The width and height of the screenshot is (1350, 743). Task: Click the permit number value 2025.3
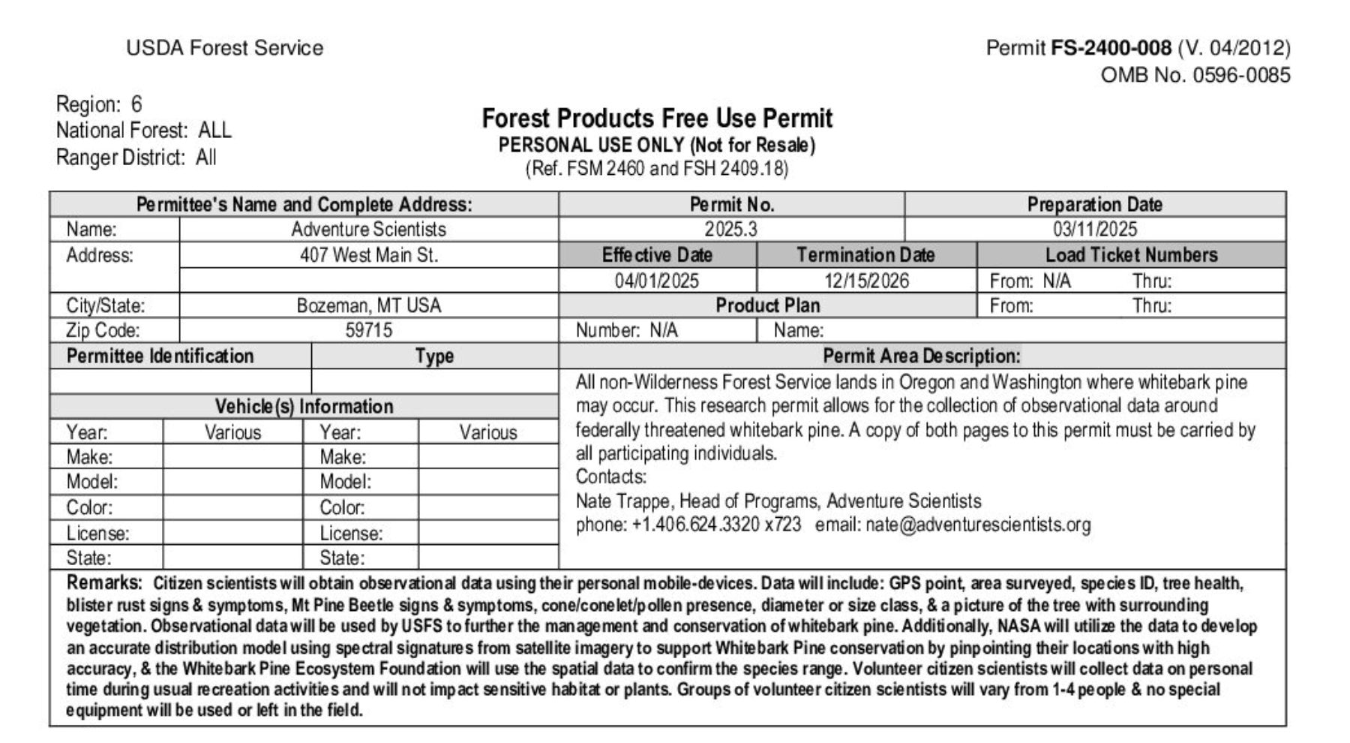tap(730, 230)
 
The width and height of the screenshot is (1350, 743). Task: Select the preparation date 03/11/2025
tap(1094, 230)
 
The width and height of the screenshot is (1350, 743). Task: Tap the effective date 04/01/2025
tap(656, 281)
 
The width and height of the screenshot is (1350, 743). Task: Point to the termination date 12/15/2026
tap(866, 281)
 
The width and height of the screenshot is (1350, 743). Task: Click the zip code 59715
tap(368, 331)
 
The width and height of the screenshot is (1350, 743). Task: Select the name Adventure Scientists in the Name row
tap(368, 230)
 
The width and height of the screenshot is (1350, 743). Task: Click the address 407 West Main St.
tap(368, 256)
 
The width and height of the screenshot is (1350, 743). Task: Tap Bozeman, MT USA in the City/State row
tap(368, 306)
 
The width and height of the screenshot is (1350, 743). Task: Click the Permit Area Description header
tap(921, 356)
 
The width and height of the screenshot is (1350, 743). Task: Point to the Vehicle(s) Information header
tap(304, 407)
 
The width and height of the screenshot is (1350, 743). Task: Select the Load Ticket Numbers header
tap(1131, 255)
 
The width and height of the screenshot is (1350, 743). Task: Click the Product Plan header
tap(767, 306)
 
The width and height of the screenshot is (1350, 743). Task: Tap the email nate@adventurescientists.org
tap(978, 525)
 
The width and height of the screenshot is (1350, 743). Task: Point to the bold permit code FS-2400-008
tap(1111, 49)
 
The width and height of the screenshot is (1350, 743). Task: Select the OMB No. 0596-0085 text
tap(1195, 76)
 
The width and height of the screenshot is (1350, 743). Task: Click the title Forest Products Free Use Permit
tap(656, 119)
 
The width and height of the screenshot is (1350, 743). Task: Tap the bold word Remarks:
tap(103, 583)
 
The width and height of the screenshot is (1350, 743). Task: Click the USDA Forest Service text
tap(224, 49)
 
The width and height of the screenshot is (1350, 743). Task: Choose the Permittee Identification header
tap(160, 356)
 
